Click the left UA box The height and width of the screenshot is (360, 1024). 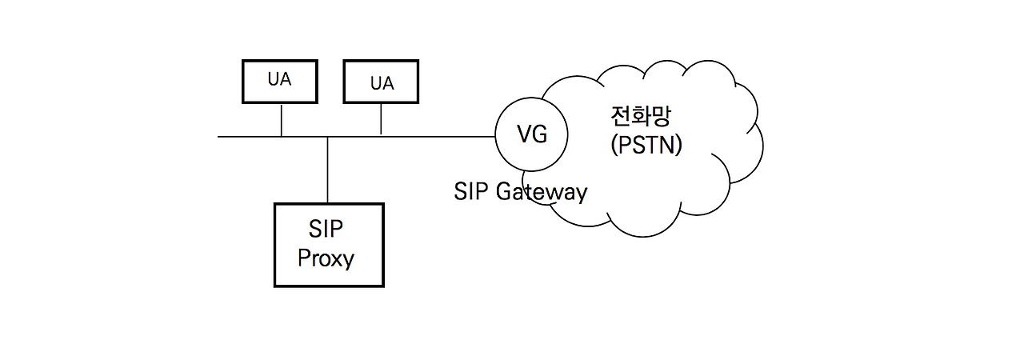click(x=280, y=81)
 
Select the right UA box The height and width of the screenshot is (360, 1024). click(x=381, y=81)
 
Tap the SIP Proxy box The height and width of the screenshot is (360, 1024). click(x=328, y=245)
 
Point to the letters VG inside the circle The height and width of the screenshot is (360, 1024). click(x=533, y=135)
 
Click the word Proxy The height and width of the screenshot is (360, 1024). click(x=326, y=259)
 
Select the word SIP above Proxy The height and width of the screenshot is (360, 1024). click(x=326, y=229)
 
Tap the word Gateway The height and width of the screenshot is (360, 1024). click(x=542, y=193)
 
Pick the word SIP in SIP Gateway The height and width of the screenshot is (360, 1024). click(x=471, y=192)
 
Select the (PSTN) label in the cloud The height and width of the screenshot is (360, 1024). click(x=645, y=146)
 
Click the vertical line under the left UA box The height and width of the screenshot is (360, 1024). click(x=281, y=119)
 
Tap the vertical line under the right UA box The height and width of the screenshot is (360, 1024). click(x=381, y=119)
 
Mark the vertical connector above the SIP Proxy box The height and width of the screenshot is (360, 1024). click(x=328, y=170)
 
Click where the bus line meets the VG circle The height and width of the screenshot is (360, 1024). click(x=495, y=137)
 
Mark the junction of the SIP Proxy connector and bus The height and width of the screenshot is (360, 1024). click(x=328, y=137)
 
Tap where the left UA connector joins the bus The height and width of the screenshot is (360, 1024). click(x=281, y=137)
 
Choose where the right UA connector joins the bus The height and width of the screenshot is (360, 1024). click(x=381, y=137)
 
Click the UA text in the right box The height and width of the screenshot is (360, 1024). click(x=382, y=83)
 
